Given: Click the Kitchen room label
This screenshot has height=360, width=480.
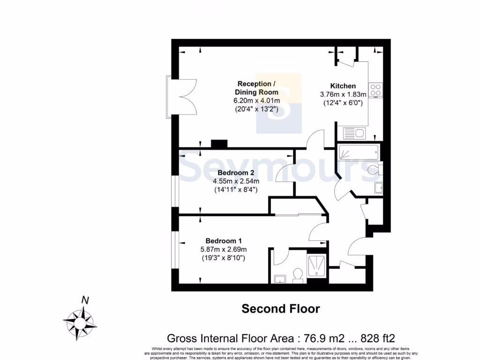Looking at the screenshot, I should pos(343,86).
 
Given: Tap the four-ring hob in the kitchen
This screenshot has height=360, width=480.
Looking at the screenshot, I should pos(375,90).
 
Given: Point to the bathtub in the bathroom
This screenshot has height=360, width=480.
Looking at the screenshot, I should pos(359,152).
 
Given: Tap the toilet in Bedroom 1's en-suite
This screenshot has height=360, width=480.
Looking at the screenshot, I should pos(297,275).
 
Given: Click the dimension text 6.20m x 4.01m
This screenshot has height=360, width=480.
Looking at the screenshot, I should pos(256,100).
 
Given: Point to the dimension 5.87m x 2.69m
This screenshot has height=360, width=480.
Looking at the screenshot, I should pos(223,249).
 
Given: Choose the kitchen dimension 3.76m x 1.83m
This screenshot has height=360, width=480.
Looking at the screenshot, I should pos(343,94).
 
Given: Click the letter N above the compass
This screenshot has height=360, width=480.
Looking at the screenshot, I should pos(85,300).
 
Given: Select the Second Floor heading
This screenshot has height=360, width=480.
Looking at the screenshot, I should pos(280,309).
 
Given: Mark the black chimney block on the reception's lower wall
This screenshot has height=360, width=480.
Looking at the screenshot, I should pos(218,144).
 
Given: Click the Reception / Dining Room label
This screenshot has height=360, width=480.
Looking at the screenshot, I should pos(256,88).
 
